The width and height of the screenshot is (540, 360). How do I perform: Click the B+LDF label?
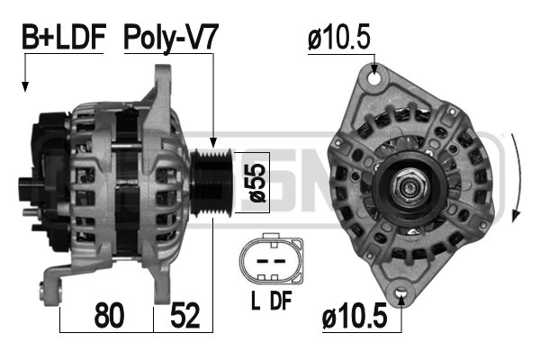[x=64, y=37]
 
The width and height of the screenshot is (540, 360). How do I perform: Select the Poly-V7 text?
[x=171, y=37]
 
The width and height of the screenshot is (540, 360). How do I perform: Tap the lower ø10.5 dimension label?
[x=355, y=317]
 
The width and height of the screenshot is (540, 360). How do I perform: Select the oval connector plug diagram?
[x=267, y=261]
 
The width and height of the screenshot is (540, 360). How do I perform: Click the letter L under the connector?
[x=255, y=303]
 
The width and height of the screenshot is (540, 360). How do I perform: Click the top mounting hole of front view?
[x=373, y=77]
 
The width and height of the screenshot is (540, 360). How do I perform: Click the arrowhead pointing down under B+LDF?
[x=25, y=86]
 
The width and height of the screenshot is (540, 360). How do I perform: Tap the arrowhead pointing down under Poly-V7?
[x=212, y=141]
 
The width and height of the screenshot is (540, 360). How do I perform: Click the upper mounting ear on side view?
[x=166, y=85]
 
